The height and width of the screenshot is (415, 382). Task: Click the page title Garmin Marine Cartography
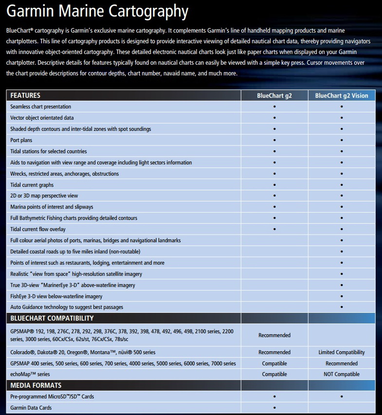(97, 12)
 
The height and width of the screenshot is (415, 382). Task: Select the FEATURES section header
(25, 95)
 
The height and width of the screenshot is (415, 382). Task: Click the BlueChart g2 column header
(274, 96)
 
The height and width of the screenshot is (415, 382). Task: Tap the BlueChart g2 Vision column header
(342, 96)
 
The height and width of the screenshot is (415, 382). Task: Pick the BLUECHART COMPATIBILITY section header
(52, 318)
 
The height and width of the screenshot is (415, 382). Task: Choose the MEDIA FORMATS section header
(36, 385)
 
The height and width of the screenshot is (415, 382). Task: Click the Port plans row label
(21, 140)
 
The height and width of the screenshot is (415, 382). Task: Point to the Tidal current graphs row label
(32, 185)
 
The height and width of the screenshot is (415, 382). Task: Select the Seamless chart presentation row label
(40, 107)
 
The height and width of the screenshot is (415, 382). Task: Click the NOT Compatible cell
(342, 374)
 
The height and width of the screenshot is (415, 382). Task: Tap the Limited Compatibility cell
(342, 352)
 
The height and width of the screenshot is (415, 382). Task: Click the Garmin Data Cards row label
(31, 408)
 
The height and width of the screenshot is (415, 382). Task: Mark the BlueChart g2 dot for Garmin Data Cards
(274, 408)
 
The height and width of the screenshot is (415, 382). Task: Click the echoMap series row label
(30, 374)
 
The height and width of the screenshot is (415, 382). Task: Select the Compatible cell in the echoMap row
(274, 374)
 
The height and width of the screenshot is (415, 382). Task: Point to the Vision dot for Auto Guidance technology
(342, 307)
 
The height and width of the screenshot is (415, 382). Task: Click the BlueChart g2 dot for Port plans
(274, 140)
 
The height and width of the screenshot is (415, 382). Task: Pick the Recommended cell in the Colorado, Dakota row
(274, 352)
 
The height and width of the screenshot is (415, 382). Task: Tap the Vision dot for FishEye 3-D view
(342, 296)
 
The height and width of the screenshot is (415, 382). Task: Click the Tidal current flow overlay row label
(38, 229)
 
